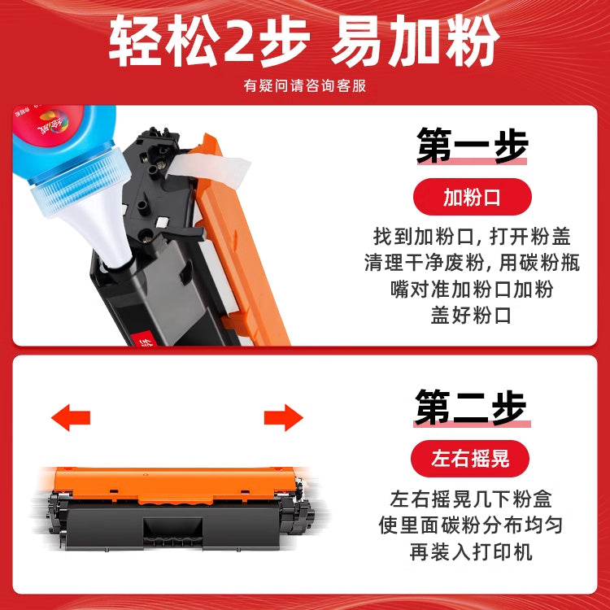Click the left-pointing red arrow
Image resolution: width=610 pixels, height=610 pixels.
71,417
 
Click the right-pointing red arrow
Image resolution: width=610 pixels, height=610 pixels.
284,417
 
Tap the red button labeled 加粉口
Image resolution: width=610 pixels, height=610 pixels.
472,197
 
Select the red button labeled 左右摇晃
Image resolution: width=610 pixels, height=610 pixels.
470,458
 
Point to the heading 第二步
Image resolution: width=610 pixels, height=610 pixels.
470,407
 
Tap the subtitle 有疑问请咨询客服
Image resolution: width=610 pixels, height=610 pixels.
305,85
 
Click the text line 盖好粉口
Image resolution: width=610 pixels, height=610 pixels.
471,315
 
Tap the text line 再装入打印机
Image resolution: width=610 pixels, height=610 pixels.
471,551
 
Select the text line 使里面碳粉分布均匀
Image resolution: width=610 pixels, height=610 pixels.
471,525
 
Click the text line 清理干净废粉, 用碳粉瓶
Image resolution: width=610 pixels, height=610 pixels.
472,263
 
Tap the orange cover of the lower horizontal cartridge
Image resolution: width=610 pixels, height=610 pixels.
175,485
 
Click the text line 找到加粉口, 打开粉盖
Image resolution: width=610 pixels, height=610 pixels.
472,237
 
